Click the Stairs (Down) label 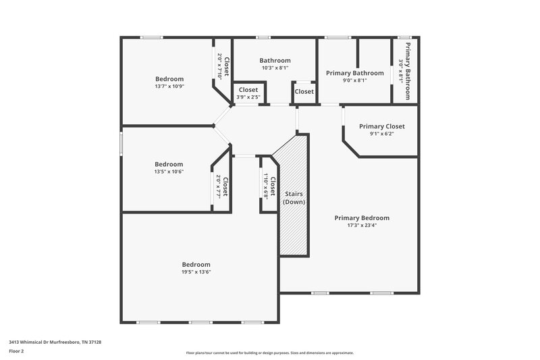point(293,198)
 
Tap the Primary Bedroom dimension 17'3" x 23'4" point(362,226)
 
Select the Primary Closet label point(381,126)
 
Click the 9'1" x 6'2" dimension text point(381,134)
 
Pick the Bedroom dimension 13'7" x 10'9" point(169,86)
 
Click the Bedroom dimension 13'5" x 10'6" point(169,172)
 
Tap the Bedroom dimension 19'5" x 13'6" point(196,272)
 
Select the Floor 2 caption point(17,351)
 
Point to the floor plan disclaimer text point(269,353)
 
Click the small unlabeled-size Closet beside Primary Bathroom point(304,91)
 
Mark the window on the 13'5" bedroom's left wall point(122,143)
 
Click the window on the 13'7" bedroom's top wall point(151,37)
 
